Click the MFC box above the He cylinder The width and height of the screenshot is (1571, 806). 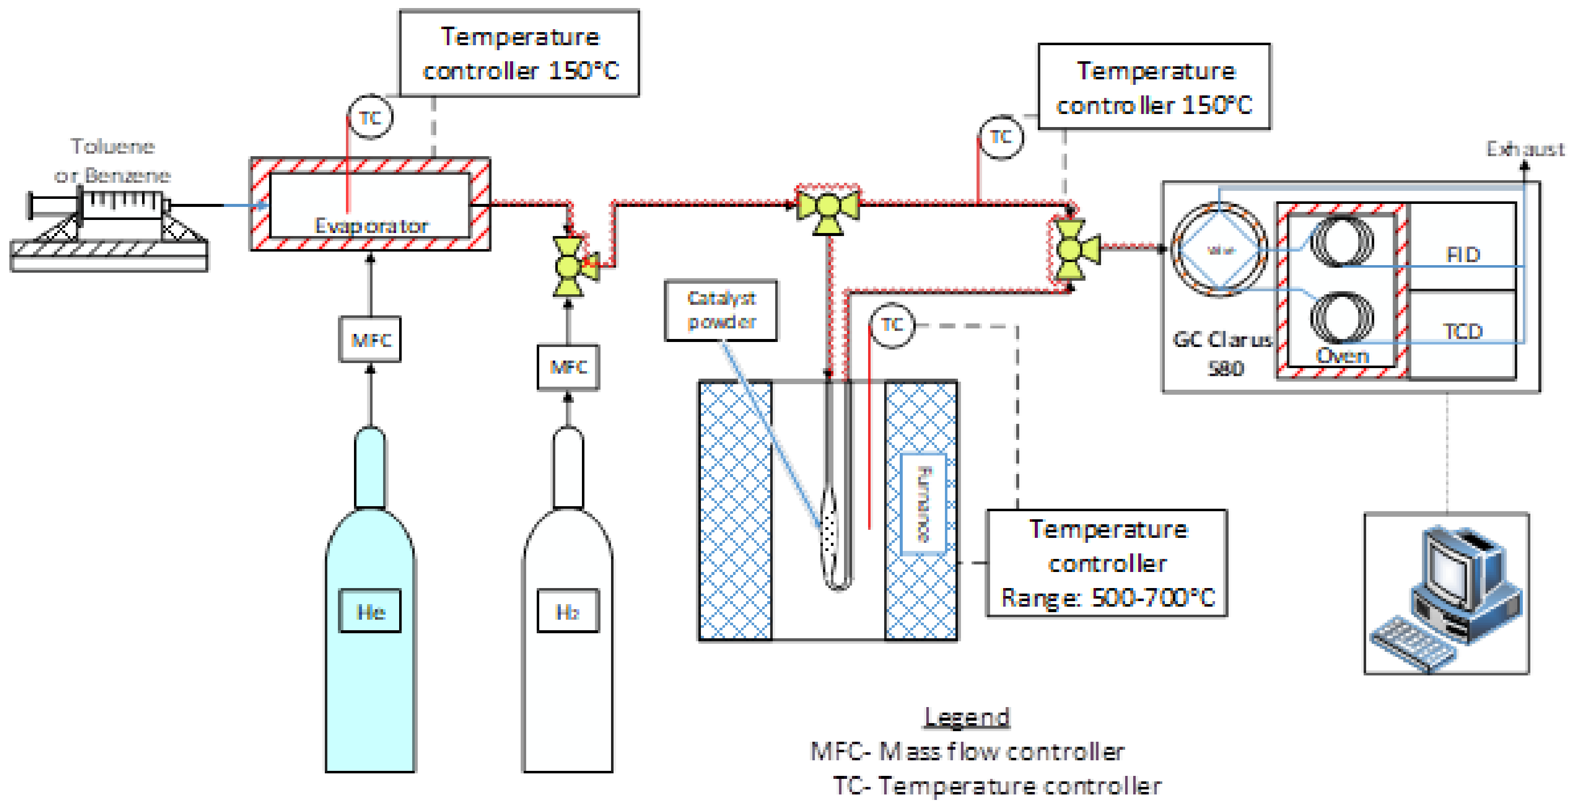370,339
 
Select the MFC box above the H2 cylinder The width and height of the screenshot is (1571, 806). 568,367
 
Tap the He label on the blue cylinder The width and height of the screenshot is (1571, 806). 370,611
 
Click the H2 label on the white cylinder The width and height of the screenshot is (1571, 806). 568,611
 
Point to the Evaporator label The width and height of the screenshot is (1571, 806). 371,226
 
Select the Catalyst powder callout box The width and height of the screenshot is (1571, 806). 721,310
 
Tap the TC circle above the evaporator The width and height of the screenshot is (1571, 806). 370,117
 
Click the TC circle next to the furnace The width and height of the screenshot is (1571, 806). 892,325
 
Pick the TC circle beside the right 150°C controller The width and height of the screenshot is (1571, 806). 1001,137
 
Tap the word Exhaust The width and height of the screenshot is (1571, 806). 1525,149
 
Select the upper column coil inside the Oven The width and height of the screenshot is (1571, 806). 1342,241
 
